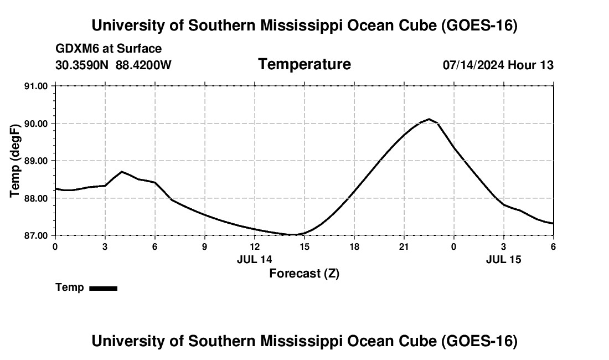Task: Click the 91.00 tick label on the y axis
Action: pyautogui.click(x=36, y=86)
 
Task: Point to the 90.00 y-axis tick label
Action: pyautogui.click(x=36, y=124)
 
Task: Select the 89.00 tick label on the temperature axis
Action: pyautogui.click(x=36, y=161)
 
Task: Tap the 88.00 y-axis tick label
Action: pyautogui.click(x=36, y=198)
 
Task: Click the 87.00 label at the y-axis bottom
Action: pyautogui.click(x=36, y=236)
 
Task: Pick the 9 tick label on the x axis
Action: pyautogui.click(x=205, y=246)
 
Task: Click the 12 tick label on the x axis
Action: pyautogui.click(x=255, y=246)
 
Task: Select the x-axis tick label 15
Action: pyautogui.click(x=304, y=246)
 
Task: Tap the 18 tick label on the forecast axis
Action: pyautogui.click(x=354, y=246)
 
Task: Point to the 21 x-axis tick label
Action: pyautogui.click(x=404, y=246)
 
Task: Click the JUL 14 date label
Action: pyautogui.click(x=255, y=259)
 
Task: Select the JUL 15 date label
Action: pyautogui.click(x=503, y=259)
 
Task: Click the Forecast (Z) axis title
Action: pyautogui.click(x=304, y=274)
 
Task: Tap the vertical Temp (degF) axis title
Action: pyautogui.click(x=15, y=161)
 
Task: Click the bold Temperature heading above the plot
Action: pyautogui.click(x=304, y=64)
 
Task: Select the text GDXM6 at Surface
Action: pyautogui.click(x=109, y=49)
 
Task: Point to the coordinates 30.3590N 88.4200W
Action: pyautogui.click(x=113, y=65)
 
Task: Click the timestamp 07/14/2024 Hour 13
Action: pyautogui.click(x=498, y=65)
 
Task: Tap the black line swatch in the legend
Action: pyautogui.click(x=104, y=288)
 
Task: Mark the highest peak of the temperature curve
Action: pyautogui.click(x=429, y=119)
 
